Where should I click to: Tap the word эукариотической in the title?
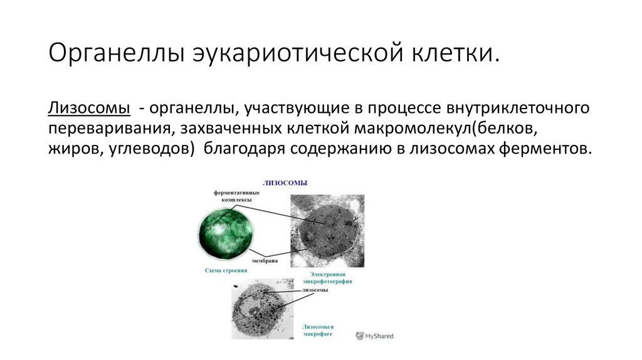[x=298, y=53]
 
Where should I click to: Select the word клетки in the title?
[x=455, y=53]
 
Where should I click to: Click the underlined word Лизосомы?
[x=89, y=108]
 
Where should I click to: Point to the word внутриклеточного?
[x=517, y=108]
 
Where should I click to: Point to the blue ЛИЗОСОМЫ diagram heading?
[x=285, y=183]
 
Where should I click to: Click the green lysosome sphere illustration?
[x=225, y=233]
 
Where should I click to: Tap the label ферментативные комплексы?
[x=236, y=196]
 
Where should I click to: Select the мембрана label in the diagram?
[x=265, y=260]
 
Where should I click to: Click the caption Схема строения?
[x=226, y=270]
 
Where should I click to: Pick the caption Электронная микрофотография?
[x=327, y=278]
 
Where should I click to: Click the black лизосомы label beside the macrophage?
[x=315, y=290]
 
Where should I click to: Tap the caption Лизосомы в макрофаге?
[x=318, y=330]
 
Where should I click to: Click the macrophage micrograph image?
[x=263, y=309]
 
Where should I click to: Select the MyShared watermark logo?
[x=374, y=336]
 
